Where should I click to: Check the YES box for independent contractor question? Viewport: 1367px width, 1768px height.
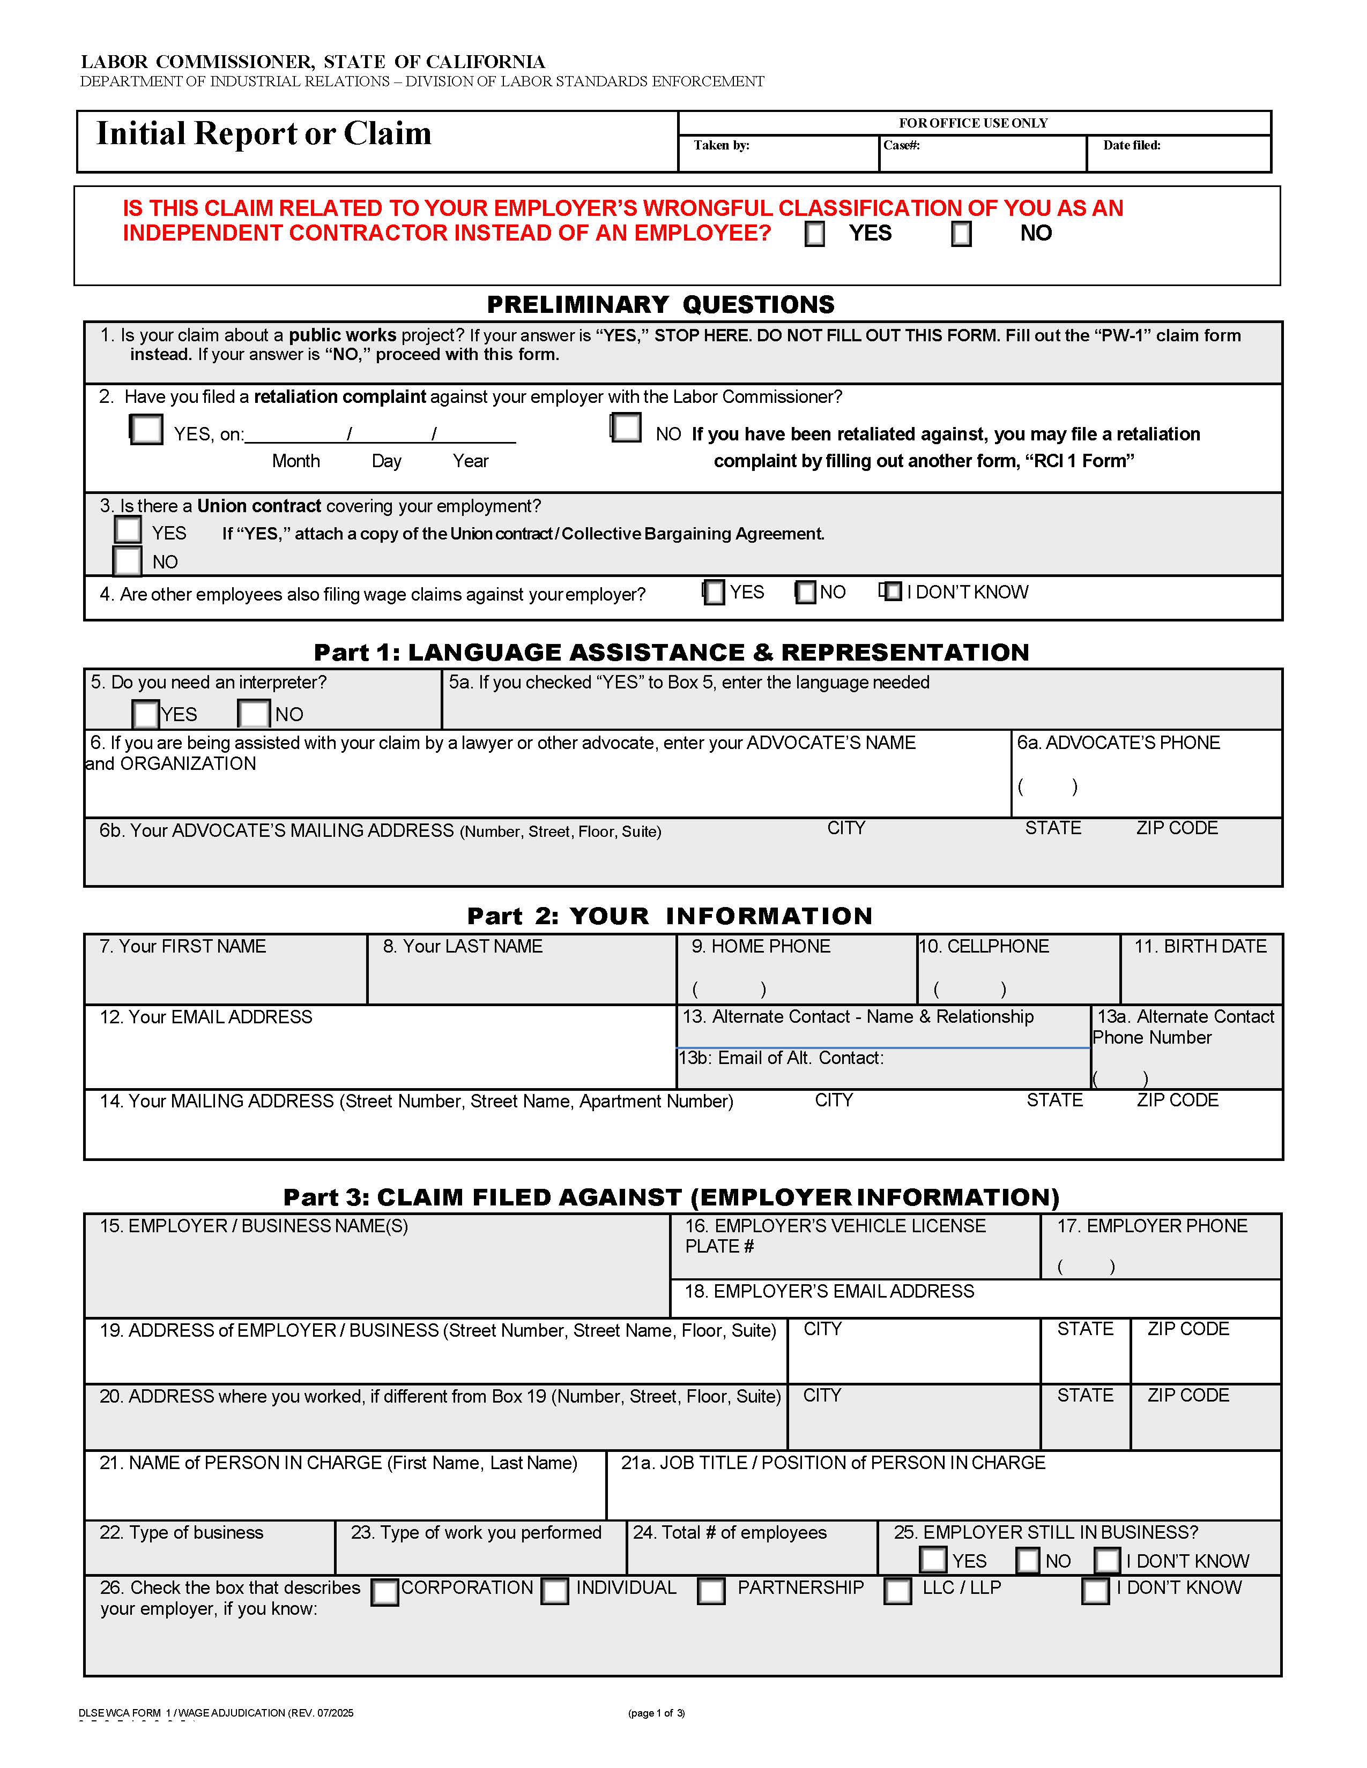click(x=815, y=234)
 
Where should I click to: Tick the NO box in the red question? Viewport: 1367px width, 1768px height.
click(x=961, y=234)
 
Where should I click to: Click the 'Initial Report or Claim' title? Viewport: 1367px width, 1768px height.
click(x=264, y=133)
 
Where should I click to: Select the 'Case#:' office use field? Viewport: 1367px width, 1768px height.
click(x=982, y=155)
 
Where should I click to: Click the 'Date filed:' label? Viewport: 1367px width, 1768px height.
click(x=1131, y=146)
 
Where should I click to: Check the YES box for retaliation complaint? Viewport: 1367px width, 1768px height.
click(x=146, y=429)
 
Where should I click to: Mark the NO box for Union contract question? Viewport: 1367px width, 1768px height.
click(x=127, y=561)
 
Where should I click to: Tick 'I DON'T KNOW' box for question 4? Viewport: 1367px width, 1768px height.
click(x=891, y=592)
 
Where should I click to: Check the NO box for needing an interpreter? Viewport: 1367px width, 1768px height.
click(x=254, y=714)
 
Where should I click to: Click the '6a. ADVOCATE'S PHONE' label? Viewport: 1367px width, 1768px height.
click(x=1118, y=743)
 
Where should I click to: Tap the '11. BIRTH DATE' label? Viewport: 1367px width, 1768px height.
click(x=1200, y=946)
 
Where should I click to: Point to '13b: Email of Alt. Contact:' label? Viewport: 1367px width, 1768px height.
click(x=781, y=1058)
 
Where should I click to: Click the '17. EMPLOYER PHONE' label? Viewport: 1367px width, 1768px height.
click(x=1151, y=1226)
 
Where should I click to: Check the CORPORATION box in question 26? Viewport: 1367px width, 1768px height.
click(x=385, y=1592)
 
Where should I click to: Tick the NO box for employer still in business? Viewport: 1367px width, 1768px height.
click(x=1028, y=1560)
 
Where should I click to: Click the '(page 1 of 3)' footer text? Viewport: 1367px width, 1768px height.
click(x=656, y=1713)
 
